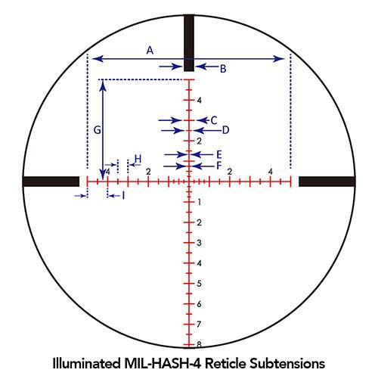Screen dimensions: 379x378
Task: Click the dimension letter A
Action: pos(150,51)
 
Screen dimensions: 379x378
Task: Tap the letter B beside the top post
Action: pos(222,69)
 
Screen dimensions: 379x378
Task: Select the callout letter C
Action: pos(214,120)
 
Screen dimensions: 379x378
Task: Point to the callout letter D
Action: pos(225,130)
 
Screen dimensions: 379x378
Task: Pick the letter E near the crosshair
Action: pos(218,154)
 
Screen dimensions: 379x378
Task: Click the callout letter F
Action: pos(218,165)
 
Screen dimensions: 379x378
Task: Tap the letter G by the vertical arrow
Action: pos(97,130)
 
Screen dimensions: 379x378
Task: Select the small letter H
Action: pos(138,159)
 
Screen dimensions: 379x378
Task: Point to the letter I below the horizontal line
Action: pos(123,195)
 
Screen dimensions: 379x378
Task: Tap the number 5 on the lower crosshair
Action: pos(198,283)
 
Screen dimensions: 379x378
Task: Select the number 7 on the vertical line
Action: pos(198,324)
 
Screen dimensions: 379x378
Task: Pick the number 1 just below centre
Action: pos(198,202)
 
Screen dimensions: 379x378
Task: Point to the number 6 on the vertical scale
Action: pos(198,303)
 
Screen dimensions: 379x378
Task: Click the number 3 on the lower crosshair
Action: pos(198,243)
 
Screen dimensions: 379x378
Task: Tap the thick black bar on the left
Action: pos(51,182)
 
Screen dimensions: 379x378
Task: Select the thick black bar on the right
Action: pos(327,182)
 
